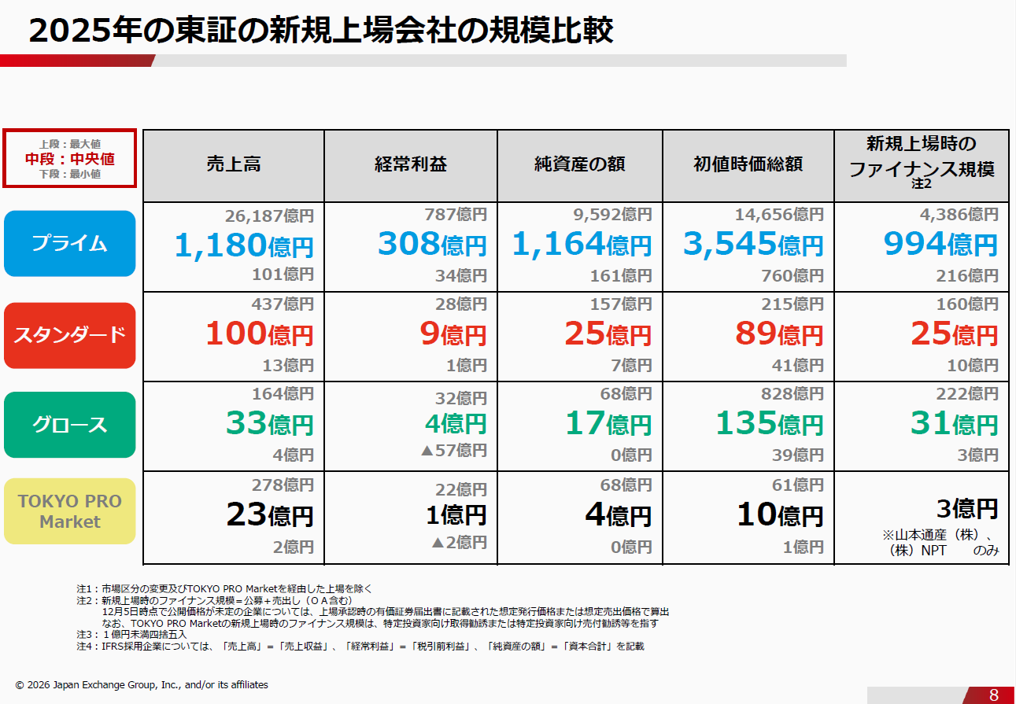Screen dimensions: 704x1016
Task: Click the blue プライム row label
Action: (69, 243)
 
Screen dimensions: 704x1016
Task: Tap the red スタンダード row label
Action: (69, 334)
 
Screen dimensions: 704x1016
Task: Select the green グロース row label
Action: (69, 425)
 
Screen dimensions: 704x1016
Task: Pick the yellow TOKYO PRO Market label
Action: (69, 511)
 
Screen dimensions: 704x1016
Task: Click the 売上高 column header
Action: (234, 164)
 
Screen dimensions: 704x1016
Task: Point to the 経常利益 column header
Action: (410, 164)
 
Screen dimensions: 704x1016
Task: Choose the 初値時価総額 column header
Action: (748, 164)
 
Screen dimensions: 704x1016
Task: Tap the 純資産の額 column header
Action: (579, 164)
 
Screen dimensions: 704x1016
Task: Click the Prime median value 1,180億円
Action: (244, 245)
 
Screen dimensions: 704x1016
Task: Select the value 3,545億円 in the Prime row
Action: (752, 245)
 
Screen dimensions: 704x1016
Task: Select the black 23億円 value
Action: (269, 515)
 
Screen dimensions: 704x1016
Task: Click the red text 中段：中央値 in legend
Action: (69, 159)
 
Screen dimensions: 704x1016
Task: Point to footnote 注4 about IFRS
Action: (360, 646)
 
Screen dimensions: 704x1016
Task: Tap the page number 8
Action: (993, 695)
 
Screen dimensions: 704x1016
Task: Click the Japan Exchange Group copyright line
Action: (142, 685)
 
